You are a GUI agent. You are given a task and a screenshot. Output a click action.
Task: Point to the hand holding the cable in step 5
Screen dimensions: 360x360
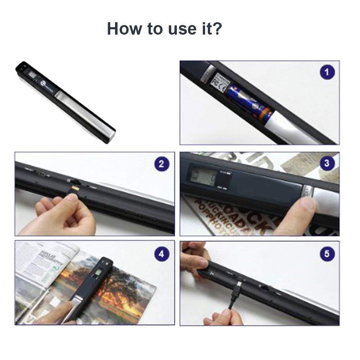pyautogui.click(x=223, y=315)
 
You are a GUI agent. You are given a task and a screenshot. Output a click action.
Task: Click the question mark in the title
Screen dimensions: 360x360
pyautogui.click(x=217, y=29)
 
